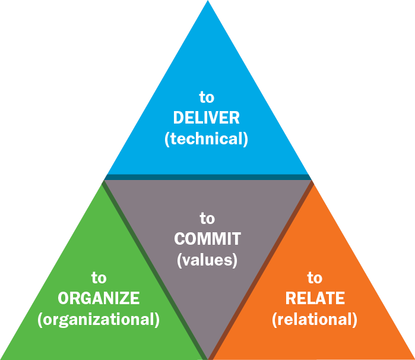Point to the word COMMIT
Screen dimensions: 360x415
(207, 239)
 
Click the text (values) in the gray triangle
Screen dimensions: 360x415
(207, 260)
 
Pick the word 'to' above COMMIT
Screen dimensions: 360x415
(207, 218)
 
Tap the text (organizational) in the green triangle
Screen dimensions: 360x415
(99, 319)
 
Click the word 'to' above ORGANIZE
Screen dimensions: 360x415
(99, 277)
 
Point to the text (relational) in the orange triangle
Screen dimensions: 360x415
(315, 319)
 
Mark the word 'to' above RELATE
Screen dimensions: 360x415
(315, 277)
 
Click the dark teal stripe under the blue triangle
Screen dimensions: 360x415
(208, 176)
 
